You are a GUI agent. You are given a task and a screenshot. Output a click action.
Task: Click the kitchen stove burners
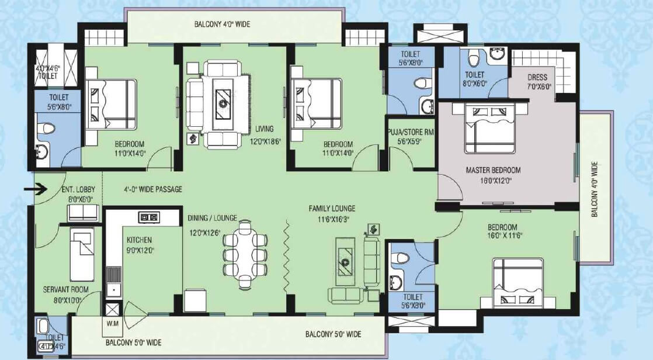(148, 217)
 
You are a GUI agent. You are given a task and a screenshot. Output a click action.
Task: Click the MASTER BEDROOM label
(493, 175)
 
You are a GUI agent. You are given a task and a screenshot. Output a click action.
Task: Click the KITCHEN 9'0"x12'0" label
(139, 245)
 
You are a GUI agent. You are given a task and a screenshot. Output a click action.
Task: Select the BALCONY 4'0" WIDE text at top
(222, 25)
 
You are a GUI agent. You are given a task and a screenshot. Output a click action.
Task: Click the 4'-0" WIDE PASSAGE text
(153, 189)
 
